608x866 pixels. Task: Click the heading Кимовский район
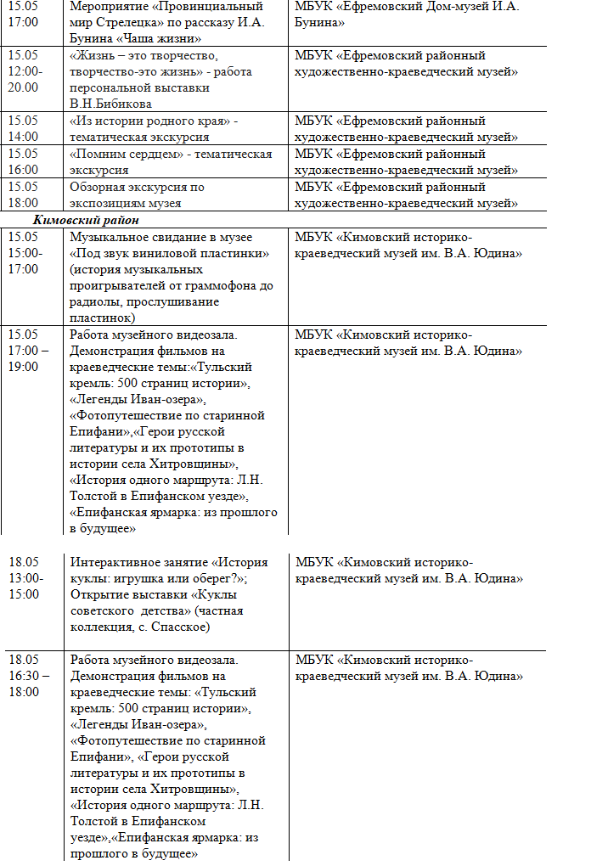pyautogui.click(x=92, y=220)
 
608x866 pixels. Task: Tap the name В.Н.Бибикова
pyautogui.click(x=111, y=104)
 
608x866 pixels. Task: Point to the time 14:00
pyautogui.click(x=23, y=136)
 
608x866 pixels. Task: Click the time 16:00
pyautogui.click(x=23, y=170)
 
